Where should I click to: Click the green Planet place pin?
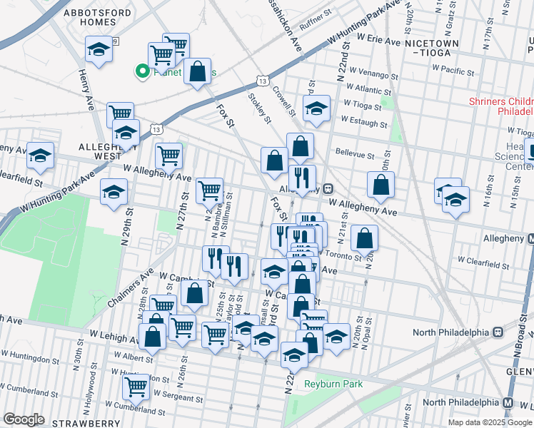tap(142, 71)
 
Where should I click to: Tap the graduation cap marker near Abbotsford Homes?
tap(99, 49)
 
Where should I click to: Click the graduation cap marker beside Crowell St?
tap(316, 109)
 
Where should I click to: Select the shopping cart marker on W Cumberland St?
tap(136, 387)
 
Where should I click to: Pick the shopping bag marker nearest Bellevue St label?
tap(301, 147)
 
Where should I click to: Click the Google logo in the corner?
tap(25, 419)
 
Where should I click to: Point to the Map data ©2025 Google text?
tap(490, 422)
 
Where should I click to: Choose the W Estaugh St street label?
tap(364, 122)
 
